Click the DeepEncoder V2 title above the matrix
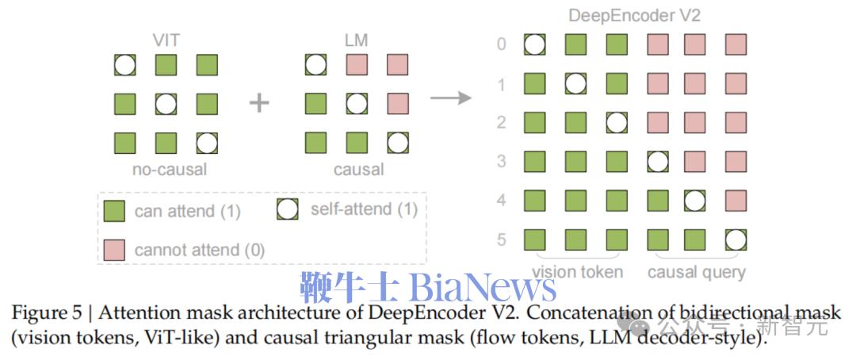(635, 16)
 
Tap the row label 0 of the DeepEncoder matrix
(501, 44)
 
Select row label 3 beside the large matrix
(501, 161)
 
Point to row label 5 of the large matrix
(501, 239)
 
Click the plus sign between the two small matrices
(259, 102)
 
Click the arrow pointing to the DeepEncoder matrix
(450, 98)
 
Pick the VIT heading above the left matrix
(166, 40)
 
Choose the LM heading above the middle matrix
(357, 40)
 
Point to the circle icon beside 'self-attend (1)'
(286, 210)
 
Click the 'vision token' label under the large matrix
(577, 272)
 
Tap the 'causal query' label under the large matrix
(697, 272)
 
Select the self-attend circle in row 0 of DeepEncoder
(535, 44)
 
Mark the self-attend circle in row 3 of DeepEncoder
(655, 162)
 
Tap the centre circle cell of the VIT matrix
(166, 103)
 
